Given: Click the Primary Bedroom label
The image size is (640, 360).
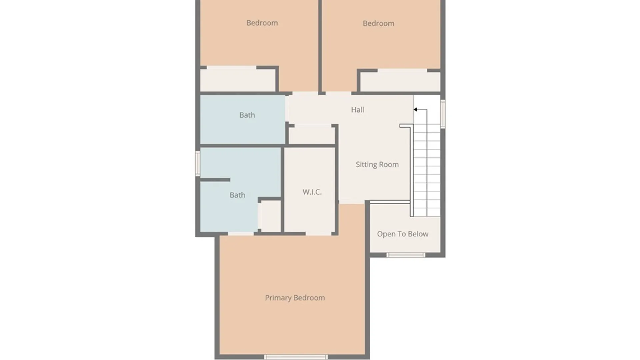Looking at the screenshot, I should (x=295, y=298).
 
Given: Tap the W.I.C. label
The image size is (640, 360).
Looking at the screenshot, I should (x=312, y=192).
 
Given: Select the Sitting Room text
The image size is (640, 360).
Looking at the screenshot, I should (x=377, y=164).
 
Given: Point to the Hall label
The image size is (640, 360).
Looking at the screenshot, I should (x=357, y=110).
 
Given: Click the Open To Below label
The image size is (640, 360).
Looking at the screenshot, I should (x=403, y=234).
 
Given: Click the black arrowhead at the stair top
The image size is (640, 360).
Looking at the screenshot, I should (x=415, y=109).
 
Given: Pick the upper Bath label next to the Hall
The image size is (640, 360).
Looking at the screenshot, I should (x=247, y=115).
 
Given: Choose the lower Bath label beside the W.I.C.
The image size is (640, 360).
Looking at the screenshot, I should (x=237, y=195).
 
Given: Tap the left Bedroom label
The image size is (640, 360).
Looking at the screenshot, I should (x=262, y=23).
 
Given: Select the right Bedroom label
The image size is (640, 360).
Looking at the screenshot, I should (x=378, y=23).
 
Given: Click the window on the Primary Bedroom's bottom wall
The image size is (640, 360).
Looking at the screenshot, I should (x=296, y=357).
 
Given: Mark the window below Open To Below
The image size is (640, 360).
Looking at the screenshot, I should (x=406, y=255).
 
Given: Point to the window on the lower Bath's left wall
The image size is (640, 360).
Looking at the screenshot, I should (x=198, y=163).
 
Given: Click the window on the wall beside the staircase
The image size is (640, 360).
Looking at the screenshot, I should (x=443, y=114).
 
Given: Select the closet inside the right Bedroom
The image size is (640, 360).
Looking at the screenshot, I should (x=400, y=82).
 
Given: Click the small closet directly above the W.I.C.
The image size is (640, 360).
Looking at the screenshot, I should (x=311, y=135).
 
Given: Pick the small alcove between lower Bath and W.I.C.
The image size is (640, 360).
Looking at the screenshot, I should (x=270, y=216).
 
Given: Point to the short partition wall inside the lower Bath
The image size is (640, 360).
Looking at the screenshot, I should (x=215, y=180).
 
